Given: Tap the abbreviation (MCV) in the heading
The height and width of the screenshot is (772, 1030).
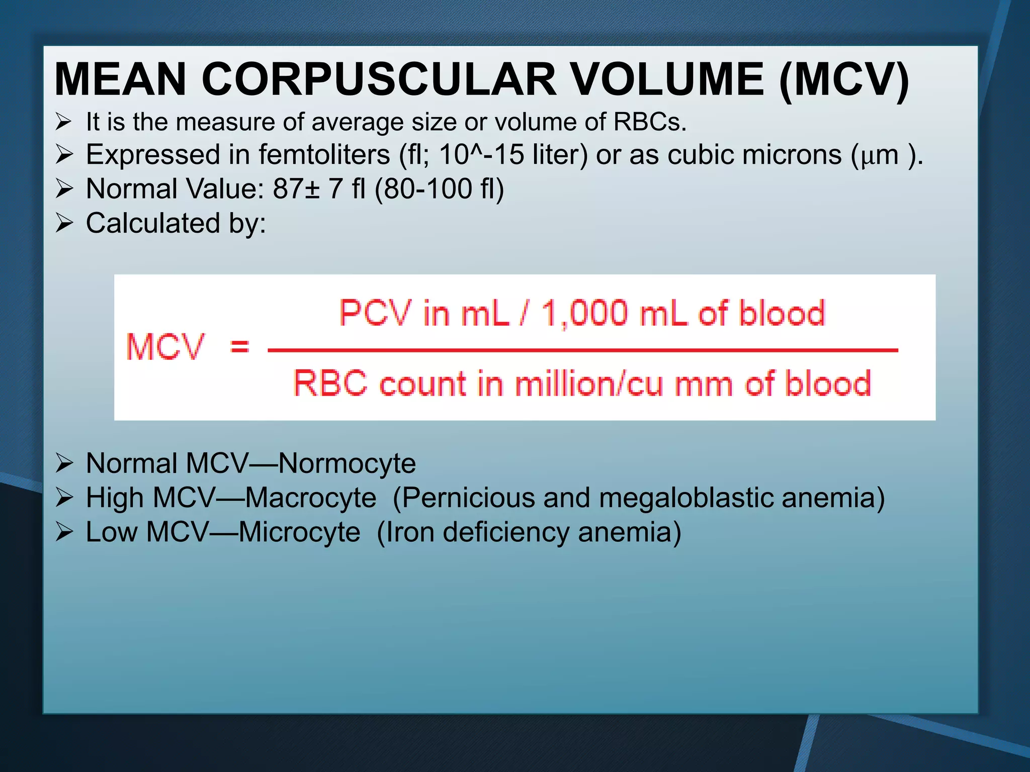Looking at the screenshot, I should point(844,79).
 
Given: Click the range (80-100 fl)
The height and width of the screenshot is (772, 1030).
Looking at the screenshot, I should point(439,189).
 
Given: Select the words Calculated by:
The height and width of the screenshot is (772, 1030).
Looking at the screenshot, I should point(176,223).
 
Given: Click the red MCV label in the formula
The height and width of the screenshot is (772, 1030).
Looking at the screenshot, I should point(165,347).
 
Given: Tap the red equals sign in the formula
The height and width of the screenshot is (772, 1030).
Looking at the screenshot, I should point(239,346).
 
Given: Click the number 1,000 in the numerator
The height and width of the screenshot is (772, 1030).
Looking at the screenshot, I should point(584,313).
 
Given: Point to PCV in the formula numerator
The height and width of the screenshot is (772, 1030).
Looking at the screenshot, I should point(376,313).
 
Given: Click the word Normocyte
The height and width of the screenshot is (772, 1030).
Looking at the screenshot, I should point(347,463).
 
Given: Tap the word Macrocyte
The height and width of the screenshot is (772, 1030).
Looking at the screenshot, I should point(311,498).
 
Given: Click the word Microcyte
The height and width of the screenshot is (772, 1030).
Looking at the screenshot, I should point(299,532).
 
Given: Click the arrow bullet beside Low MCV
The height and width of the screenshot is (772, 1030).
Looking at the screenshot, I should point(64,532).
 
